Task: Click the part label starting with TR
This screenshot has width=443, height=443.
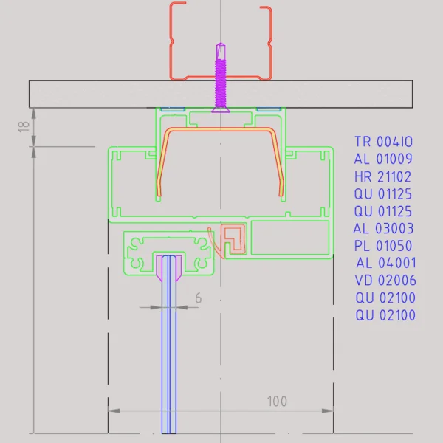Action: [x=383, y=142]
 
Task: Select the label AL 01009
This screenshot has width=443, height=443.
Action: [x=382, y=159]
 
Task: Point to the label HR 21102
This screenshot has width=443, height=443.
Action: [x=382, y=176]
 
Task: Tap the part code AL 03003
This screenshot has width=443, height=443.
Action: [x=383, y=229]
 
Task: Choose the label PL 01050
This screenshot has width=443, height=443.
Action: [x=383, y=246]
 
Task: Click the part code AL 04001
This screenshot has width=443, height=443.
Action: [x=385, y=263]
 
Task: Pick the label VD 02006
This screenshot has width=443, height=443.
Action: [x=385, y=281]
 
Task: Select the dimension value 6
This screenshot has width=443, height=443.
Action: [x=197, y=298]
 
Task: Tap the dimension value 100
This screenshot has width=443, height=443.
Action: [x=277, y=402]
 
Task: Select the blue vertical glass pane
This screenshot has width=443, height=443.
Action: [x=170, y=354]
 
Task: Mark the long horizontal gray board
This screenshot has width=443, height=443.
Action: [x=89, y=94]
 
